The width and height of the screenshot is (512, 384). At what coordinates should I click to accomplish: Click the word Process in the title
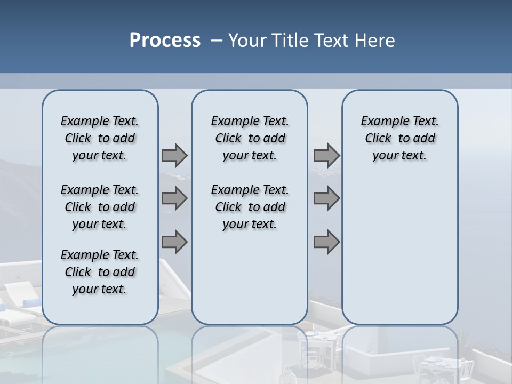coord(165,41)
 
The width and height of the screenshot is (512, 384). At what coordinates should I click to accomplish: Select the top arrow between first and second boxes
coord(174,155)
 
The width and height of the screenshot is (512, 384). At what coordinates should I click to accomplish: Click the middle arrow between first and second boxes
coord(174,198)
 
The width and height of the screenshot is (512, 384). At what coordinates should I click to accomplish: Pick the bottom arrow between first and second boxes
coord(174,242)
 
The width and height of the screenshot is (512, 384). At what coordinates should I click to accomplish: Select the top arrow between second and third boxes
coord(326,155)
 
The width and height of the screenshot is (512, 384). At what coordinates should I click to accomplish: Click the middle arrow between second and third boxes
coord(326,198)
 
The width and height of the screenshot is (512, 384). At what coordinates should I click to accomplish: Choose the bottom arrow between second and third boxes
coord(326,242)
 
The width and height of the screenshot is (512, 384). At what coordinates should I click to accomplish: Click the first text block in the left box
coord(100,138)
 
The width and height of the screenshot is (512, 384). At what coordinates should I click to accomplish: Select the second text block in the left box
coord(100,207)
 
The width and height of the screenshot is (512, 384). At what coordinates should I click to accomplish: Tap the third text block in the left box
coord(100,272)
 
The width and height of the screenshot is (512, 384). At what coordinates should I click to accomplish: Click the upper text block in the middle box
coord(250,138)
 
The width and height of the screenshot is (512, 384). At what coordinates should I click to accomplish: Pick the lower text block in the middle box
coord(250,207)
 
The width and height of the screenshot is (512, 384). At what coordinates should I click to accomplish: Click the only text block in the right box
coord(399,138)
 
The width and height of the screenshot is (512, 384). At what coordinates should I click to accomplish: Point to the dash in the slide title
coord(217,41)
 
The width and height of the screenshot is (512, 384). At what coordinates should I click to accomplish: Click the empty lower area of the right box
coord(399,251)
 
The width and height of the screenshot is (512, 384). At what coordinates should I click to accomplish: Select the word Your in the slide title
coord(247,41)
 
